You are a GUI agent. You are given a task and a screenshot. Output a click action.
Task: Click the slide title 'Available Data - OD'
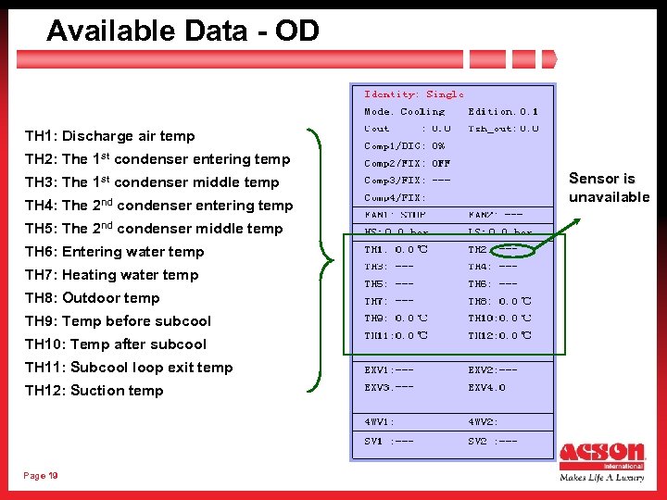coord(182,31)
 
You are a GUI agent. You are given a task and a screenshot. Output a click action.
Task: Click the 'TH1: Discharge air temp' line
coord(109,136)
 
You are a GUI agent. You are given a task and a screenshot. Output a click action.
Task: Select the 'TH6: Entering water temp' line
coord(114,252)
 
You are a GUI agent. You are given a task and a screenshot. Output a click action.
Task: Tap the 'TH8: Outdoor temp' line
coord(92,298)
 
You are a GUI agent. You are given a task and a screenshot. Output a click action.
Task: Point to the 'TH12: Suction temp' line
coord(94,391)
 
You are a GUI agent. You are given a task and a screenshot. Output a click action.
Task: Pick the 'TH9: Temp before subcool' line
coord(118,321)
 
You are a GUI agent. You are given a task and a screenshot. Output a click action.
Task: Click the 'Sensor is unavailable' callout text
coord(609,187)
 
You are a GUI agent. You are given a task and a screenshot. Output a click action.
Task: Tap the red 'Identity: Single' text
coord(414,94)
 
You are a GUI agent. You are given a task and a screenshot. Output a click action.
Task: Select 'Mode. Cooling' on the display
coord(404,111)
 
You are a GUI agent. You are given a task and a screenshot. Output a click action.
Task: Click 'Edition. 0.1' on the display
coord(503,111)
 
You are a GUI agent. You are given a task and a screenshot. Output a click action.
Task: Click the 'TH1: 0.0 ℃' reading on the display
coord(396,250)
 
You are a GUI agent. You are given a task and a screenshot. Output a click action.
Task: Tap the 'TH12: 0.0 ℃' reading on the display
coord(500,335)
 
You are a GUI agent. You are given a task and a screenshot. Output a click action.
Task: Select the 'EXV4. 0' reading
coord(487,387)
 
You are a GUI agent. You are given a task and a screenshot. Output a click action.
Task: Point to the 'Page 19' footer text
coord(41,476)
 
